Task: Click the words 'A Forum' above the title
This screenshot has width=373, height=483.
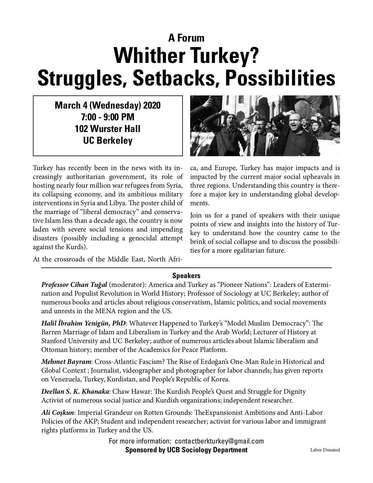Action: (x=186, y=38)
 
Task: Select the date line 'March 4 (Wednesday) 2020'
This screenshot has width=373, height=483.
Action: (x=108, y=105)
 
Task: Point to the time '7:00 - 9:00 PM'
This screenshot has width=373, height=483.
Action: (x=108, y=117)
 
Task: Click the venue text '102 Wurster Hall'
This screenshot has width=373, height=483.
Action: (x=108, y=129)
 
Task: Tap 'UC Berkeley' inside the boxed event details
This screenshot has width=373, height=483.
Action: (x=108, y=141)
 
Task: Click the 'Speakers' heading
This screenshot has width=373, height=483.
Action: (x=186, y=275)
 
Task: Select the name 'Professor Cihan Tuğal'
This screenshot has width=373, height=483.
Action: (x=75, y=285)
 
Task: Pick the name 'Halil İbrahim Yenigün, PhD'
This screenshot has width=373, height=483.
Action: (x=84, y=323)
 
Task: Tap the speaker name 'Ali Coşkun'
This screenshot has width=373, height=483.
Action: (x=57, y=413)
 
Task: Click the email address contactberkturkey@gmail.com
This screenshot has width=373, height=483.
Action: (x=219, y=441)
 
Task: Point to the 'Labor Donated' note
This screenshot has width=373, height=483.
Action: (x=325, y=450)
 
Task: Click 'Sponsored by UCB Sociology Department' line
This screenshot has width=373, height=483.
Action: (x=186, y=450)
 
